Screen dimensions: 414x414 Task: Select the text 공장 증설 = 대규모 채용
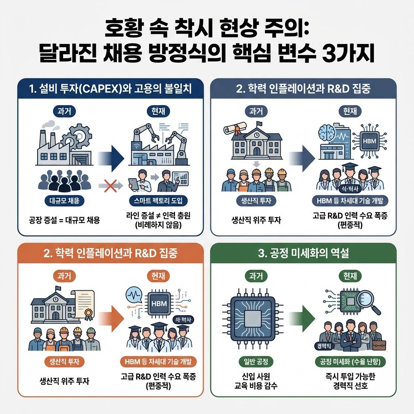(x=65, y=220)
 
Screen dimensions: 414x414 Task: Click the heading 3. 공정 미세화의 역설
(x=303, y=254)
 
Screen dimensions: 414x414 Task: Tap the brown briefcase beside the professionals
(x=379, y=345)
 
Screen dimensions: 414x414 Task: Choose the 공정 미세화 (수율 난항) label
(x=350, y=361)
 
